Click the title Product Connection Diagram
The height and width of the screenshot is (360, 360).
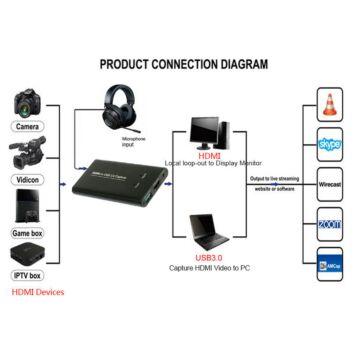tap(183, 64)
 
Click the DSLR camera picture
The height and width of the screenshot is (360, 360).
tap(27, 104)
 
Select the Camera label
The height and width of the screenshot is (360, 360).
tap(27, 127)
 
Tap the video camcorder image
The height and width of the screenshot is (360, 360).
tap(27, 153)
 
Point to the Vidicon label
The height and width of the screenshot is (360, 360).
tap(27, 177)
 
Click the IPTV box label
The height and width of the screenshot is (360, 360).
tap(27, 274)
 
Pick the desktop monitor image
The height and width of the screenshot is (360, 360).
tap(210, 132)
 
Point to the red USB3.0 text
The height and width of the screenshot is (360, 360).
tap(209, 257)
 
